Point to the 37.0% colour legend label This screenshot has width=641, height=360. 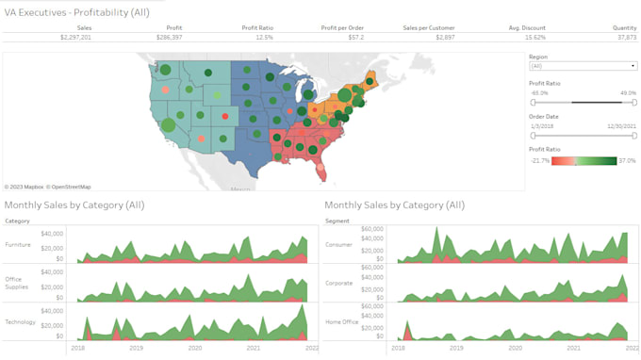(x=627, y=160)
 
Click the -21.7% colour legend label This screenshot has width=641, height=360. (x=539, y=160)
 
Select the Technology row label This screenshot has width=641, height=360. (x=20, y=321)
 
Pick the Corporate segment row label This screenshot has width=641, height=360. (x=338, y=283)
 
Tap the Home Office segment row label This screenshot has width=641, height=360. (x=340, y=321)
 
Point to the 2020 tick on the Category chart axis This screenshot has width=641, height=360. (x=195, y=348)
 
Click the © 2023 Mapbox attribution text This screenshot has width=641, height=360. (x=26, y=187)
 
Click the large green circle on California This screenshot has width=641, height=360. (x=169, y=124)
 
